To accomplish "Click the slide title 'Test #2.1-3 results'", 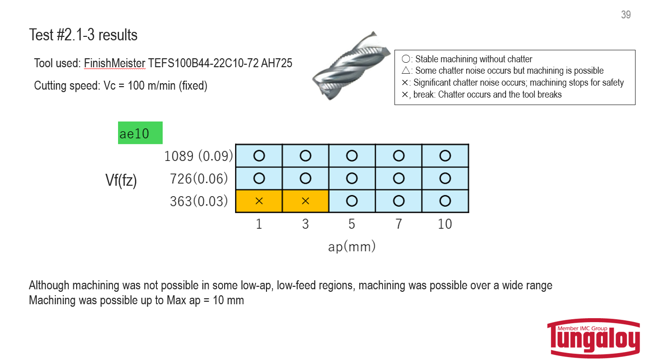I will [83, 35].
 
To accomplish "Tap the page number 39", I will [626, 15].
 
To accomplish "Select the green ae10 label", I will [140, 133].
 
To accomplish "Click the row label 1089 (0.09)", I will [198, 156].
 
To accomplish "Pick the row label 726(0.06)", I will [198, 178].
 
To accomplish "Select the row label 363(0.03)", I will [198, 201].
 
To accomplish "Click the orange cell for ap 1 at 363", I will [259, 201].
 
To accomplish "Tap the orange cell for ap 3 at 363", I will [305, 201].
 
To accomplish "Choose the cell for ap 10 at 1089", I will [445, 156].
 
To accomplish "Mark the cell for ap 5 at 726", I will [352, 178].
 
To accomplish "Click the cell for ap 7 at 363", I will [398, 201].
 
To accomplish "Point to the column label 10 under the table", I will [445, 224].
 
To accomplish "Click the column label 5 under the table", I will [352, 224].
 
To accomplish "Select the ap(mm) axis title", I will [352, 246].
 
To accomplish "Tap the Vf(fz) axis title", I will [121, 180].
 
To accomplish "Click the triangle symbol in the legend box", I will [405, 71].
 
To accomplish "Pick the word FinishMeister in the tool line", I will [115, 63].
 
